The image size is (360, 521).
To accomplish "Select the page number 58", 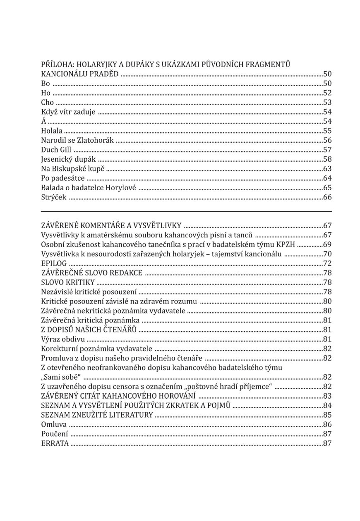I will point(327,159).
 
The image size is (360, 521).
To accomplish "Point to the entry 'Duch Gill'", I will point(56,150).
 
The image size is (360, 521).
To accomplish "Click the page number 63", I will point(327,169).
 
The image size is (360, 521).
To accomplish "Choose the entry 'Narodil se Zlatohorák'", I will point(77,140).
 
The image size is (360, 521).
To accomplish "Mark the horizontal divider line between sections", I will point(186,211).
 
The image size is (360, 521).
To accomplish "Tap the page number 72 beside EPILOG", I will point(327,263).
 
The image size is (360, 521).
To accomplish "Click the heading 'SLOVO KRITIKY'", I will point(68,282).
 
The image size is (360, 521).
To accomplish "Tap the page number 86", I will point(327,425).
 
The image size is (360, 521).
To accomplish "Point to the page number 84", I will point(327,406).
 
